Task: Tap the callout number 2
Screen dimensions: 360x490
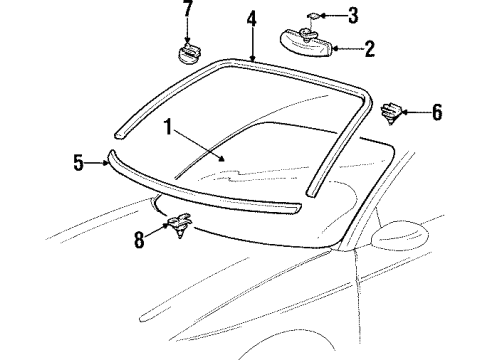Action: [x=368, y=46]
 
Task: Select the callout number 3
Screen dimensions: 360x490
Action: [x=351, y=15]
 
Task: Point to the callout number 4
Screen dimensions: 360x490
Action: [x=251, y=17]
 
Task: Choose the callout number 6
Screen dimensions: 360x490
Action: [x=436, y=113]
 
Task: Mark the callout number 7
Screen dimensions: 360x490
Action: [x=187, y=9]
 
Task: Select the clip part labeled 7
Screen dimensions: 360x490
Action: [x=186, y=51]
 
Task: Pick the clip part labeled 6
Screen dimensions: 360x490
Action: [x=393, y=112]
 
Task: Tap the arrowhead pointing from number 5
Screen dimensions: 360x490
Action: [x=107, y=160]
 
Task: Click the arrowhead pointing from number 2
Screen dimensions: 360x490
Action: [x=334, y=46]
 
